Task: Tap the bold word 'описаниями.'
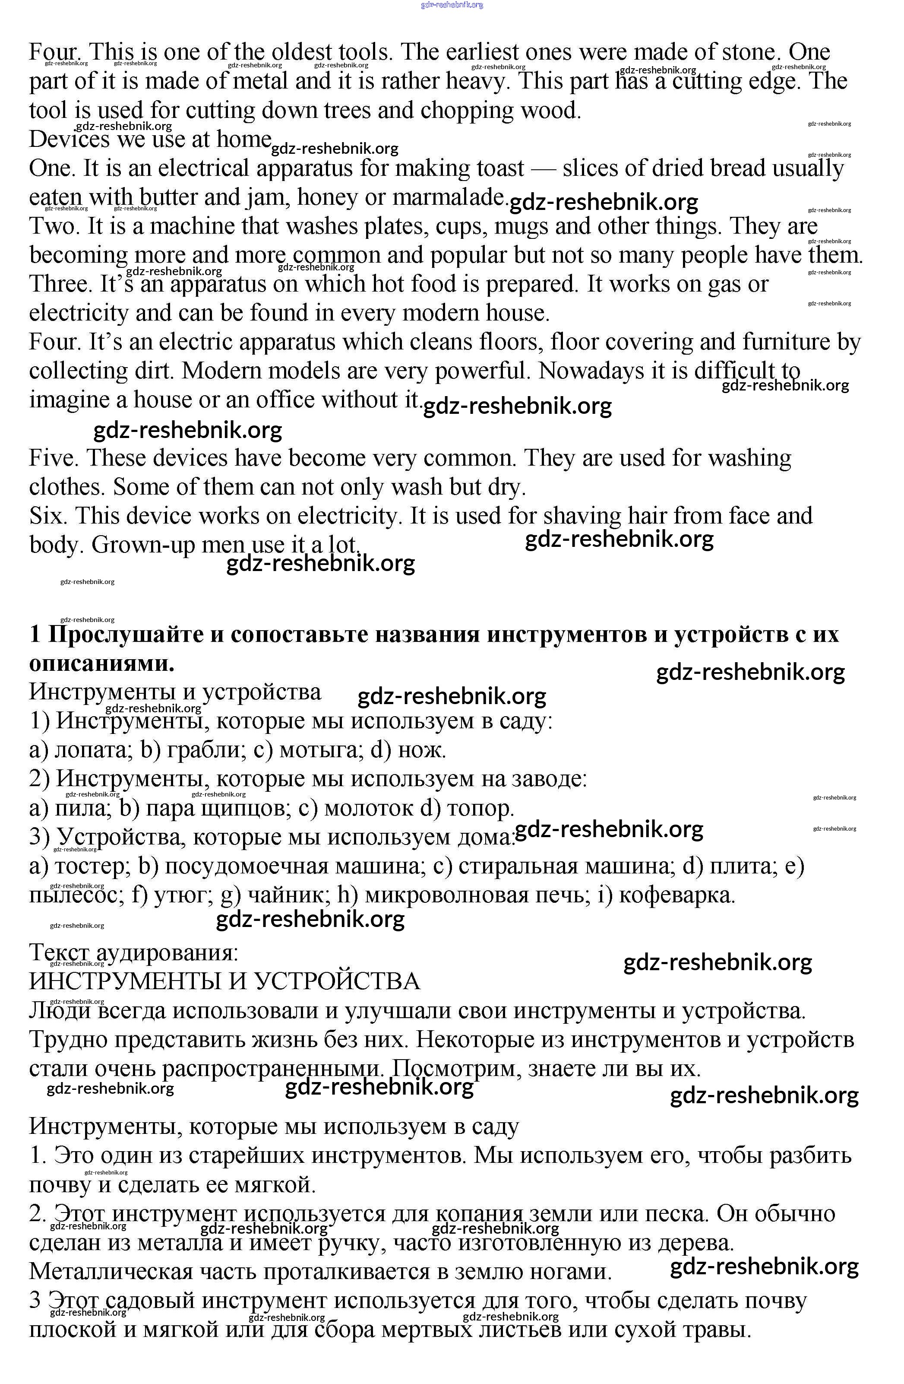pyautogui.click(x=102, y=663)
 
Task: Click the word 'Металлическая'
pyautogui.click(x=111, y=1272)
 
